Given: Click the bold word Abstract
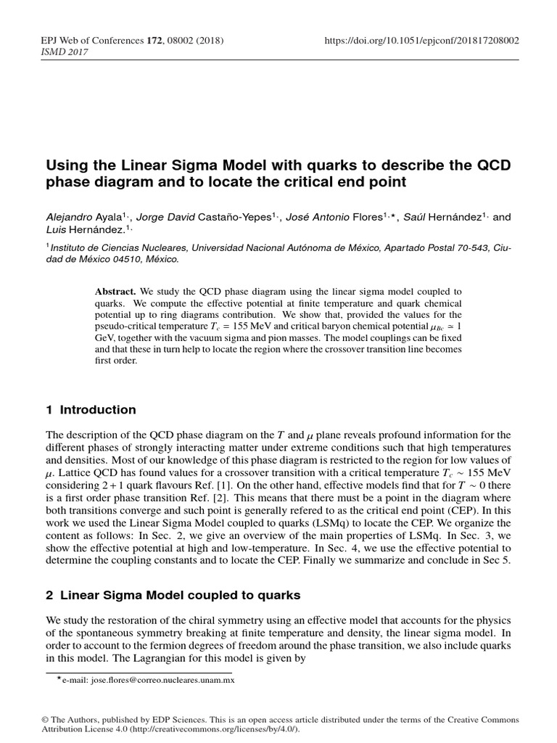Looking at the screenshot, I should tap(115, 291).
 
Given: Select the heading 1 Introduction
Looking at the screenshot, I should tap(91, 410).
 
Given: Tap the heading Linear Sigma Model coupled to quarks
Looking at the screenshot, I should tap(178, 595).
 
